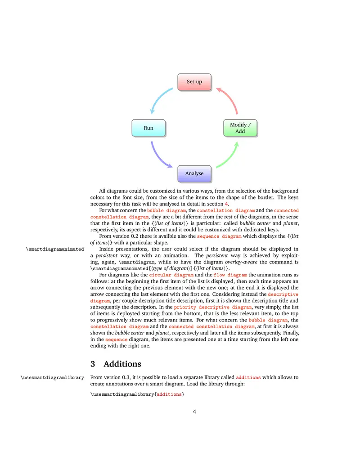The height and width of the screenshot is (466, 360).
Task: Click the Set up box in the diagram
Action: [x=194, y=81]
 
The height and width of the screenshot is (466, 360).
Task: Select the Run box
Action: [x=148, y=128]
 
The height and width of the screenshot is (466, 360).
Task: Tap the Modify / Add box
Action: [x=240, y=128]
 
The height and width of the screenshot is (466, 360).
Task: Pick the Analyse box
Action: [x=194, y=173]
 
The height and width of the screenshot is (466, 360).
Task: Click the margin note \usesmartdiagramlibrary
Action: [x=52, y=377]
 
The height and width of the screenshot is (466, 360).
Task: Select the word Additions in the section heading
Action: [x=122, y=364]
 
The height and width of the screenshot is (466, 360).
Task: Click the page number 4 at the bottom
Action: [x=194, y=411]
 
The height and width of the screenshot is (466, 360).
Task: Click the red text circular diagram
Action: [x=171, y=275]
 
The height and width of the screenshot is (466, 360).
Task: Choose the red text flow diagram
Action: [x=230, y=275]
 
